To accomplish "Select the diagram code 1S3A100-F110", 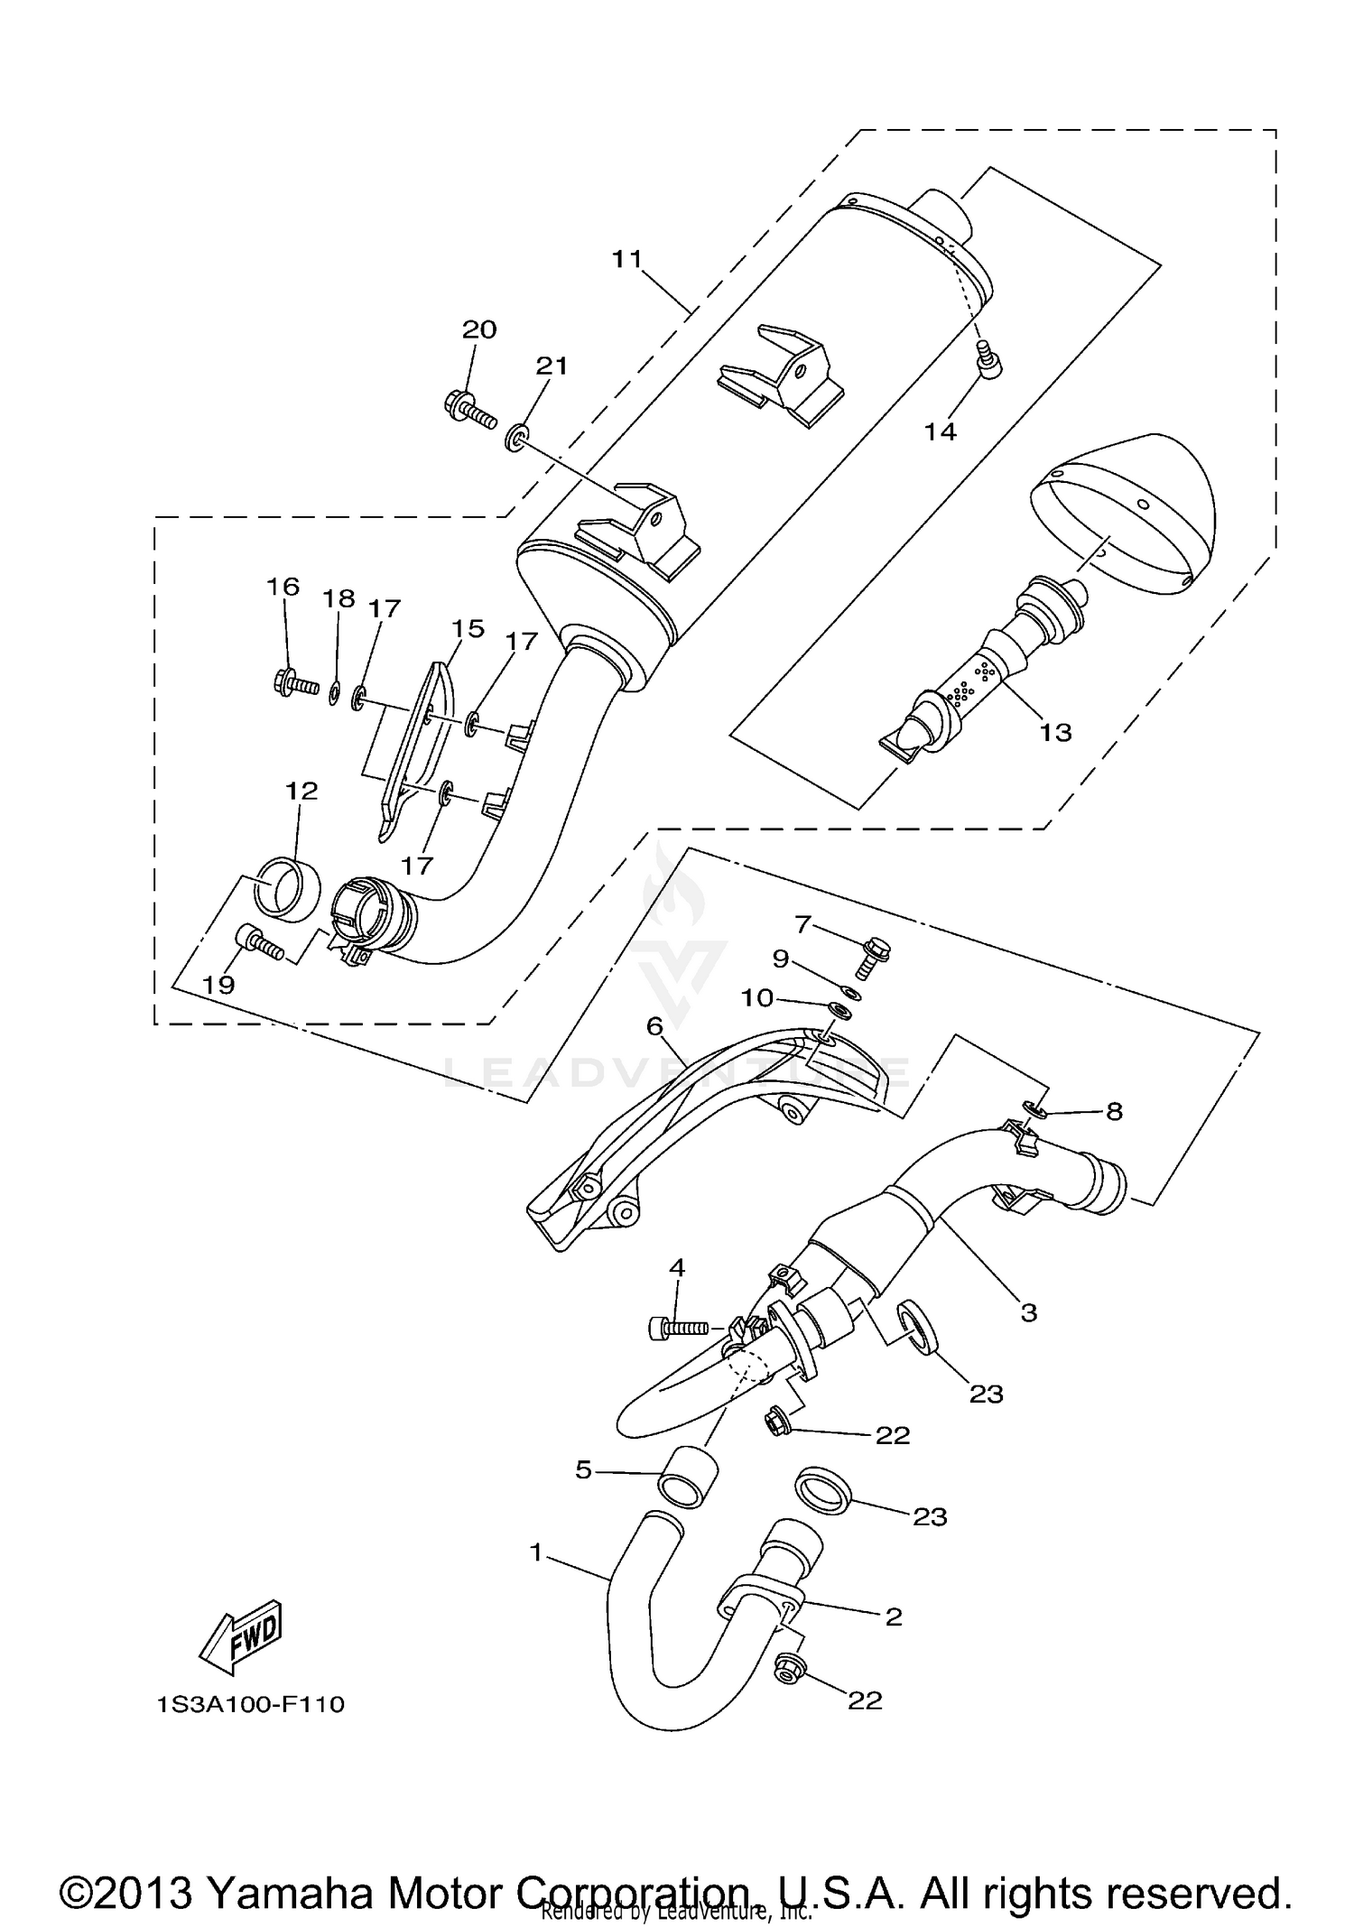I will [250, 1705].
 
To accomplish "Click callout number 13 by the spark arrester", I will [1054, 732].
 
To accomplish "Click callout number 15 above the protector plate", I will [468, 628].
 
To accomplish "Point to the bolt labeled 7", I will [872, 956].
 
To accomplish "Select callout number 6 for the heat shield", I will [654, 1025].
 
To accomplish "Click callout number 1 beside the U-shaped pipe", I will [536, 1552].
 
